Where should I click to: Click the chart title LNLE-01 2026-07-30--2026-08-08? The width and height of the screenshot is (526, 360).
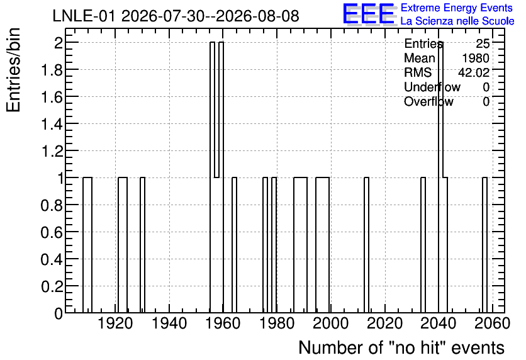[x=176, y=16]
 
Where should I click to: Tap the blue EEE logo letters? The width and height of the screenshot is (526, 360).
[x=369, y=14]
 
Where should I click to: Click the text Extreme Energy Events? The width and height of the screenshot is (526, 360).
[x=457, y=8]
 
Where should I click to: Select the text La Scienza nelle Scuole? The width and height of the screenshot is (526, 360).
[x=457, y=21]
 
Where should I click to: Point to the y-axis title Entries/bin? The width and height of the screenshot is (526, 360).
[x=14, y=70]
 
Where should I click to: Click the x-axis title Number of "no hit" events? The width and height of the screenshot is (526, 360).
[x=401, y=347]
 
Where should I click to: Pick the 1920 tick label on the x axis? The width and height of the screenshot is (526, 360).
[x=115, y=323]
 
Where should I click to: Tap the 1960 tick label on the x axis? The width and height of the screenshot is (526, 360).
[x=223, y=323]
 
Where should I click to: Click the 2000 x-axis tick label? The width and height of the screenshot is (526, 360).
[x=331, y=323]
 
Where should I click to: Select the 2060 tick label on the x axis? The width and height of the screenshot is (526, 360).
[x=492, y=323]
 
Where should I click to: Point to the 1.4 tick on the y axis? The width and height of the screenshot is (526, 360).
[x=52, y=124]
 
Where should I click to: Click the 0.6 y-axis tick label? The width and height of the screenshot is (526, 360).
[x=52, y=232]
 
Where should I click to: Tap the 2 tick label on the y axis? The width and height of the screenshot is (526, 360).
[x=59, y=43]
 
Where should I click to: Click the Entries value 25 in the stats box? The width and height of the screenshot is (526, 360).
[x=483, y=43]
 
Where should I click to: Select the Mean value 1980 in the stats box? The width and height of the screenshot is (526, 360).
[x=475, y=59]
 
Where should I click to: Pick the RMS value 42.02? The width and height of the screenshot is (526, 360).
[x=474, y=72]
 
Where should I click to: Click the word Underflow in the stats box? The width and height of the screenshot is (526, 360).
[x=432, y=87]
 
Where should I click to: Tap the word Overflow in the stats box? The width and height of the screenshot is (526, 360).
[x=428, y=101]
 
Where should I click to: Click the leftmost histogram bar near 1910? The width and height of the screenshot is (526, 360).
[x=87, y=245]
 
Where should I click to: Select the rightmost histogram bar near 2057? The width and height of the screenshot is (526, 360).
[x=484, y=245]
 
